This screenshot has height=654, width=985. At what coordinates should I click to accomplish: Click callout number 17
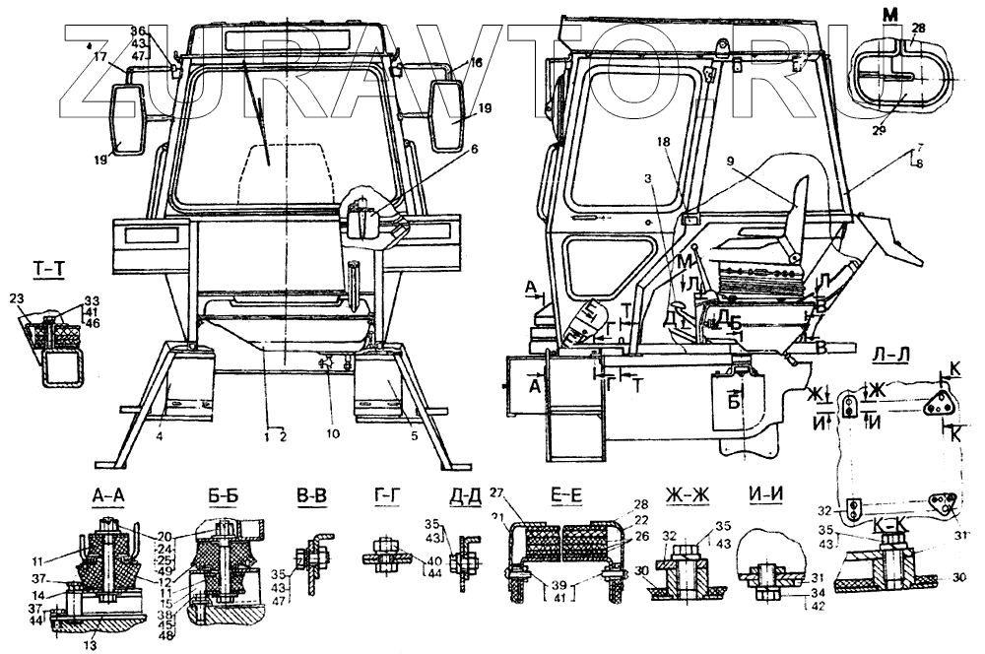point(99,57)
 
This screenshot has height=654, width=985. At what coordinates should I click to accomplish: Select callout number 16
point(476,62)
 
